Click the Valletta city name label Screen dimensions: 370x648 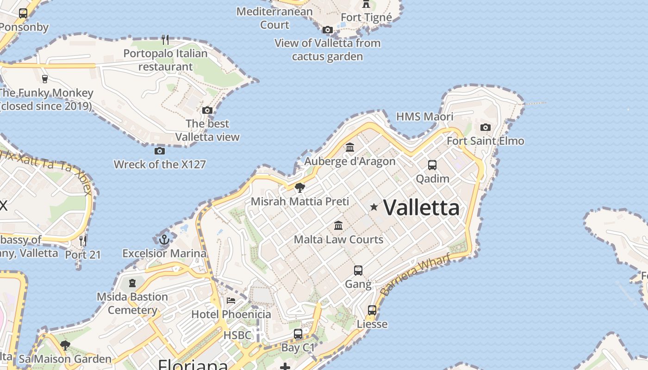[421, 208]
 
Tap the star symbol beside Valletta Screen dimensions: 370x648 [374, 207]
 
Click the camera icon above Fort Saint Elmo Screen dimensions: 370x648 [485, 127]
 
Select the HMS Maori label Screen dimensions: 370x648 [424, 117]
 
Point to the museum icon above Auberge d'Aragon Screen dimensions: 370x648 [350, 148]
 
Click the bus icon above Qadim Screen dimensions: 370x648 [432, 165]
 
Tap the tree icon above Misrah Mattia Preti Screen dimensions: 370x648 [299, 188]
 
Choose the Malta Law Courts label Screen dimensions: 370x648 [338, 240]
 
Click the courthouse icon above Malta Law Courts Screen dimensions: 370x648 [338, 226]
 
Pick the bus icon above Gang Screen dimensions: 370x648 [358, 271]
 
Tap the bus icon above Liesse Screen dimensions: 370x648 [372, 310]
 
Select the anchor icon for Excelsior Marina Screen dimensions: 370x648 [164, 240]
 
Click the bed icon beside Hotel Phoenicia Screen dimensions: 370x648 [231, 301]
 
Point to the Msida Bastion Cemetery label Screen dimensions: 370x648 [132, 303]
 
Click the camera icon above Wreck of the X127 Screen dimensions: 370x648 [159, 151]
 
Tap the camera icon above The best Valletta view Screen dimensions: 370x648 [207, 110]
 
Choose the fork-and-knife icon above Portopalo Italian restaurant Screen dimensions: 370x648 [165, 40]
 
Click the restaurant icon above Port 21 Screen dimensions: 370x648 [83, 240]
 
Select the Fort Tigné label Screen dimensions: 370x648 [366, 18]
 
